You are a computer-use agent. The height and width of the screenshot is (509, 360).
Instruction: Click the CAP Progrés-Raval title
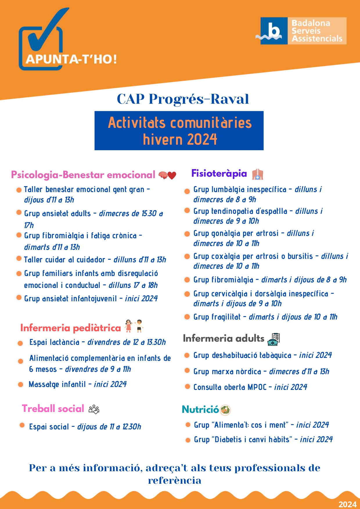[183, 99]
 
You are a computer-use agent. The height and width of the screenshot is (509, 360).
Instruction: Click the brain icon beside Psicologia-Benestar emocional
[163, 175]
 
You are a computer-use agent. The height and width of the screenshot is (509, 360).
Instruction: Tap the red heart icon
[172, 175]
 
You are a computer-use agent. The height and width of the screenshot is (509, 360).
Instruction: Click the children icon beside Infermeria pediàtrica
[134, 326]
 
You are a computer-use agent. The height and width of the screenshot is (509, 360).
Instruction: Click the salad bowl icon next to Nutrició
[225, 410]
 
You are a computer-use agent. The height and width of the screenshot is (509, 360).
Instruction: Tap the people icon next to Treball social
[94, 409]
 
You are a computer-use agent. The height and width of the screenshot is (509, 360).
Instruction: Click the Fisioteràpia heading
[219, 173]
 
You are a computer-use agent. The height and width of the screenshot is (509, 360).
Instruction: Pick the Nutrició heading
[200, 410]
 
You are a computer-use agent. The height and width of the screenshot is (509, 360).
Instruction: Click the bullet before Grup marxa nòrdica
[188, 371]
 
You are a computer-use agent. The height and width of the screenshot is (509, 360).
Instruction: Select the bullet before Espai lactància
[20, 343]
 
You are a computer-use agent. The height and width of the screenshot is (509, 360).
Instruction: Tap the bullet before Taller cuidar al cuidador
[19, 258]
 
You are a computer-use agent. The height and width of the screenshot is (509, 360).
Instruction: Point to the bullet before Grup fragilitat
[187, 317]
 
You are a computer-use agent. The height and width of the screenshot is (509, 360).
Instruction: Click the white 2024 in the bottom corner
[347, 504]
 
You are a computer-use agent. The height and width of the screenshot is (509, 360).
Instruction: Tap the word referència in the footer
[174, 481]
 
